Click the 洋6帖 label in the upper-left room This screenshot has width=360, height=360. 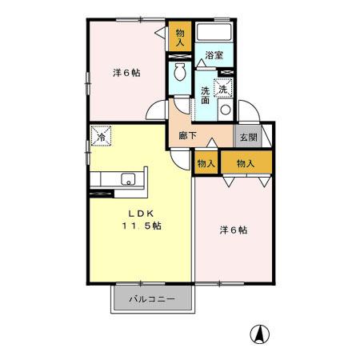click(126, 73)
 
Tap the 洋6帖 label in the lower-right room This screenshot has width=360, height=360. click(233, 230)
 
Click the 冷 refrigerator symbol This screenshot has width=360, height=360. click(102, 137)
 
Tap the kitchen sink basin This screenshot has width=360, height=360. click(126, 178)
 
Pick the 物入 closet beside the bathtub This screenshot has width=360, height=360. click(180, 38)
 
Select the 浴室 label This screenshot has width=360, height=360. click(214, 55)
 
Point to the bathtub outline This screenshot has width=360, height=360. click(214, 33)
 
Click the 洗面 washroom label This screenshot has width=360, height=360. click(206, 94)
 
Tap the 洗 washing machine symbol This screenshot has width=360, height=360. click(225, 88)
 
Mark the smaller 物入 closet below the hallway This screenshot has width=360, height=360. click(206, 163)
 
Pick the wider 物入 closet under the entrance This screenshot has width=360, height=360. click(246, 163)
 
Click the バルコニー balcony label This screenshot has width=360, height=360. click(152, 301)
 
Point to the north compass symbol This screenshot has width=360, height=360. click(261, 334)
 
